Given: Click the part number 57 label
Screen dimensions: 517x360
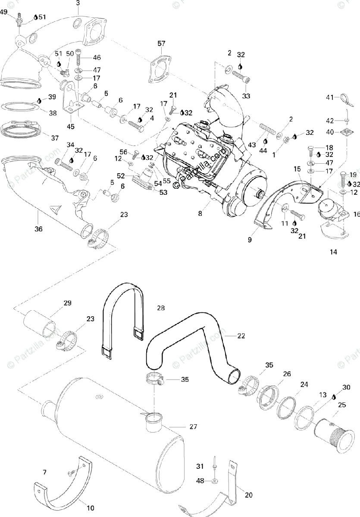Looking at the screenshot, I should click(x=161, y=44).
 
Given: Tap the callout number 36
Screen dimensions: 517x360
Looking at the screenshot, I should click(x=38, y=229).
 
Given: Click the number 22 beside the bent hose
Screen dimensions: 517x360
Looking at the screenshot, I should click(x=241, y=336).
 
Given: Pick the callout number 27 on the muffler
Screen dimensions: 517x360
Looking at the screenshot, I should click(x=193, y=427).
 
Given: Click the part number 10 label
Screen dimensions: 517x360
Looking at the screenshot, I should click(x=90, y=508).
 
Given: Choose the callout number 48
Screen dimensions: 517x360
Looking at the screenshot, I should click(x=200, y=480).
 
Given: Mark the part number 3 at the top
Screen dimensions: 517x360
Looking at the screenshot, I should click(x=78, y=3).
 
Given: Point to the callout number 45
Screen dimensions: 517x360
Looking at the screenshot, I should click(x=70, y=127).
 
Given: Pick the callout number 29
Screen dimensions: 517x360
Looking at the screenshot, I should click(x=67, y=303).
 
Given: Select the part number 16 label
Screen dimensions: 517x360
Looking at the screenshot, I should click(x=357, y=213).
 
